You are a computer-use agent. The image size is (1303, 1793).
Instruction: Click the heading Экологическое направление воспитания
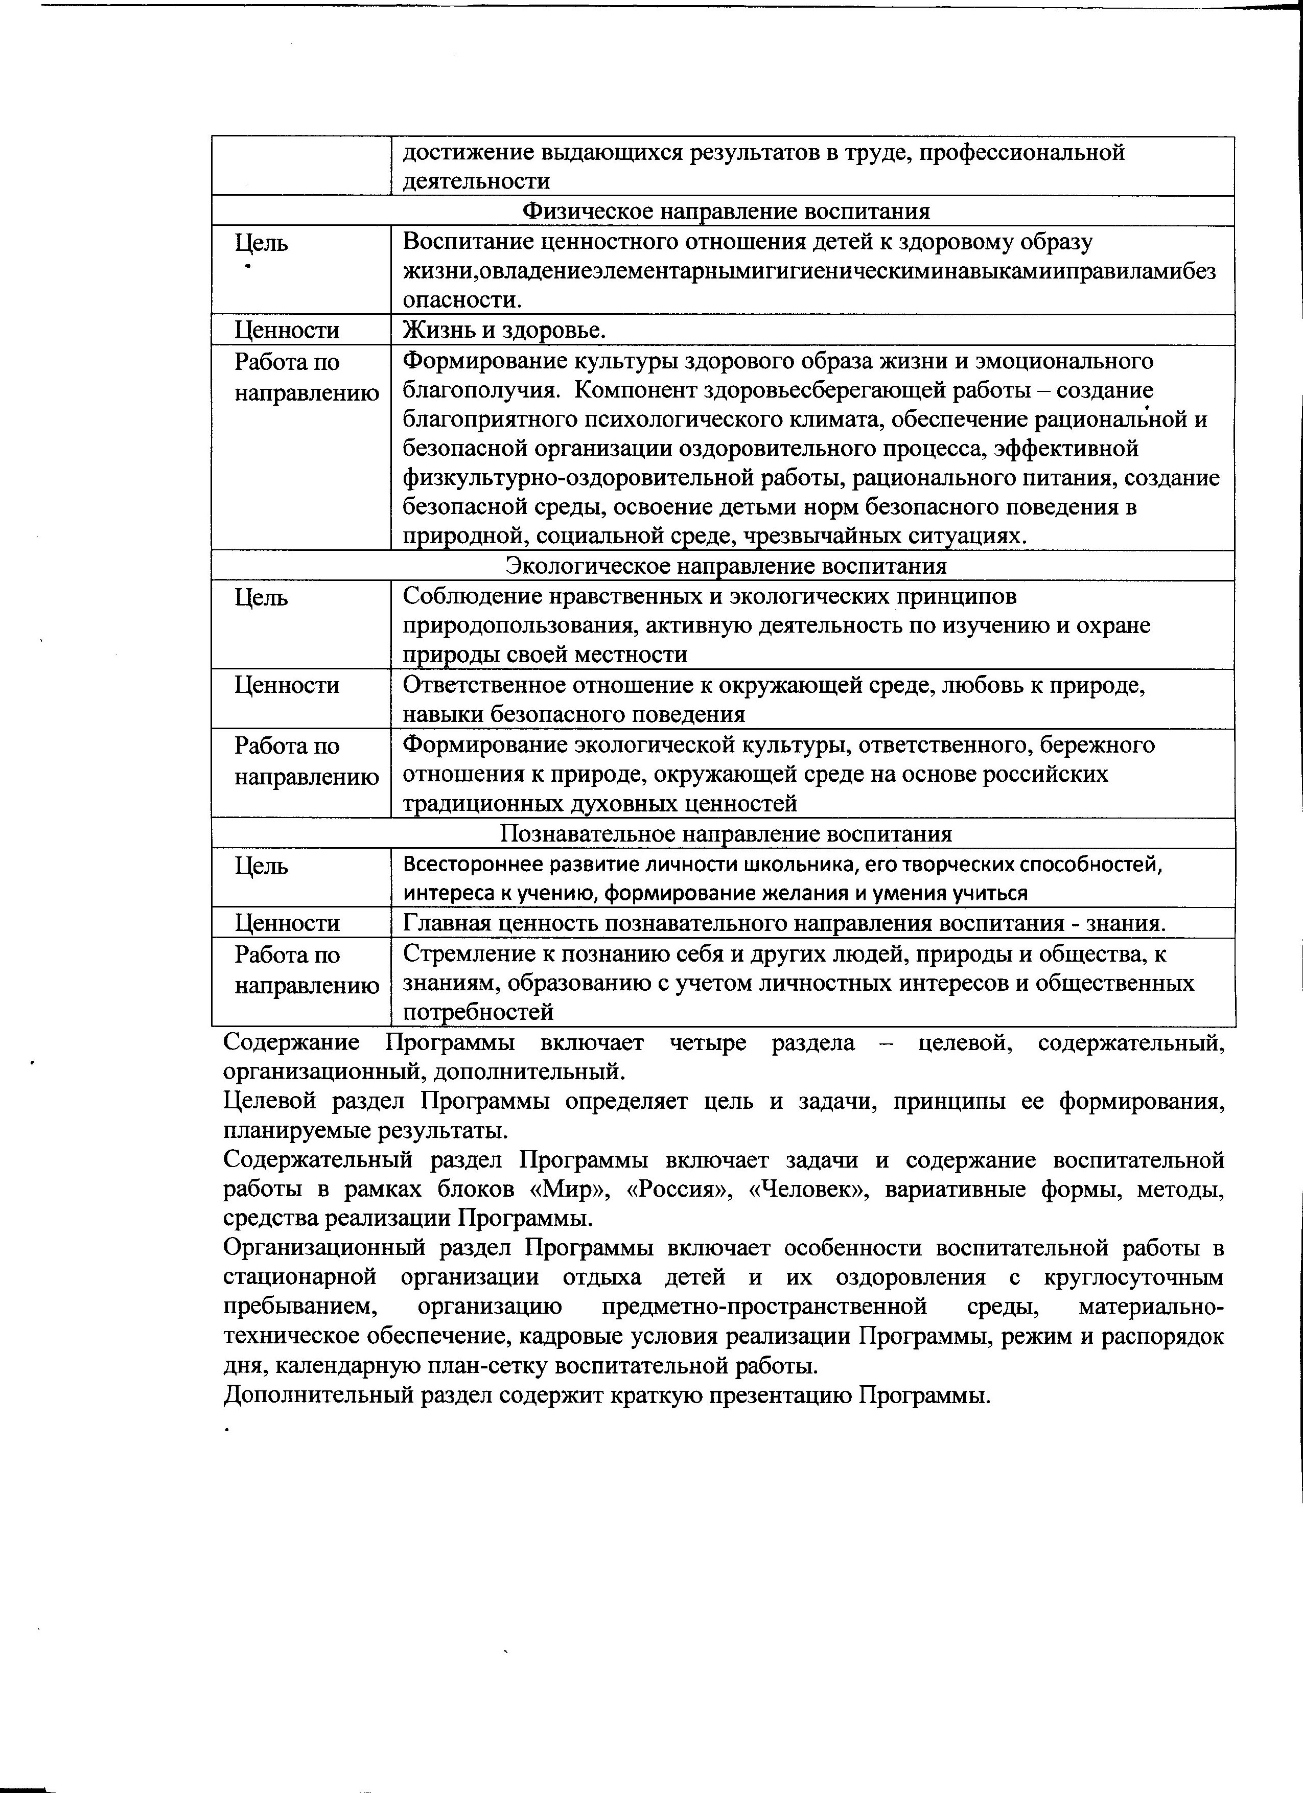pyautogui.click(x=726, y=566)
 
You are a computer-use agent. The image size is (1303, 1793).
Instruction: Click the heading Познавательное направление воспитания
pyautogui.click(x=726, y=834)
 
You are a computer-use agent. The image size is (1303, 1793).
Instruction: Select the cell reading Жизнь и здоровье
pyautogui.click(x=504, y=330)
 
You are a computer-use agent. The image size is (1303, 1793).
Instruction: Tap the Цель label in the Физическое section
pyautogui.click(x=261, y=243)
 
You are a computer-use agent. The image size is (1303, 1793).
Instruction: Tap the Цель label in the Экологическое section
pyautogui.click(x=261, y=598)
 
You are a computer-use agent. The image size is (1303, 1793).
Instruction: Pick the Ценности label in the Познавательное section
pyautogui.click(x=287, y=923)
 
